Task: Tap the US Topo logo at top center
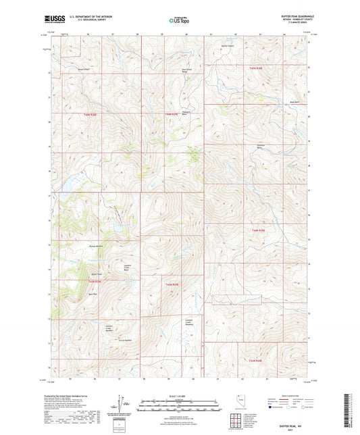(x=179, y=20)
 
